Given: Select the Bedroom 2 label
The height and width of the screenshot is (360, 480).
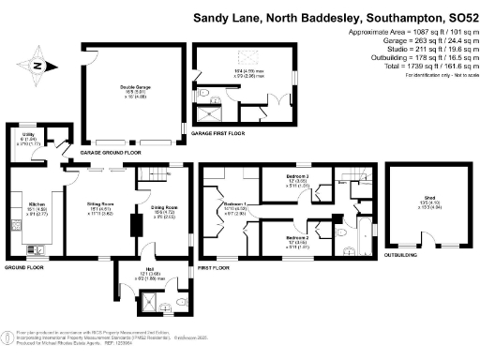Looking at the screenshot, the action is (x=298, y=239).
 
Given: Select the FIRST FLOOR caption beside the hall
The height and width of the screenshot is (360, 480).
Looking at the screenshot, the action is (x=213, y=268).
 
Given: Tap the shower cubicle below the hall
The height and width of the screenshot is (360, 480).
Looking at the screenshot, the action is (x=148, y=302).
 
